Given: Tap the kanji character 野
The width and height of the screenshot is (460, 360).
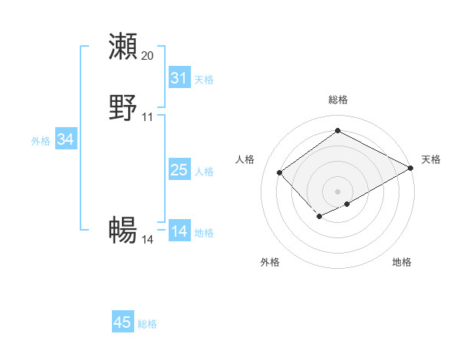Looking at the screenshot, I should click(x=123, y=108).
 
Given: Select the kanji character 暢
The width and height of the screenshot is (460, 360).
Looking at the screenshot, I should click(x=123, y=230).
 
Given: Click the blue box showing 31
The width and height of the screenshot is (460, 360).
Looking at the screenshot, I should click(x=179, y=78).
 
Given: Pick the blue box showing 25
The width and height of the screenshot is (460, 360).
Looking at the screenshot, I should click(x=179, y=171).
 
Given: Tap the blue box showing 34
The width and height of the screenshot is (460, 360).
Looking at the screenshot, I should click(x=65, y=139).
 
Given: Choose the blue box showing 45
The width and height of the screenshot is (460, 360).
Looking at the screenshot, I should click(x=123, y=322).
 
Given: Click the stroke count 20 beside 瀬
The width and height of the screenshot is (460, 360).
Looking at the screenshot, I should click(x=148, y=56).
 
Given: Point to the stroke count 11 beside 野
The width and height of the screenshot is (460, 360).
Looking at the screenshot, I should click(x=148, y=117).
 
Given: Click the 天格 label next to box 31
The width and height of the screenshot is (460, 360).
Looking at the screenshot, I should click(x=204, y=80).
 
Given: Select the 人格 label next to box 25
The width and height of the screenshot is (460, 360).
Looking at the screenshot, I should click(x=204, y=172).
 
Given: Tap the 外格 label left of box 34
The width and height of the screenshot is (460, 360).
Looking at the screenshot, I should click(x=41, y=141).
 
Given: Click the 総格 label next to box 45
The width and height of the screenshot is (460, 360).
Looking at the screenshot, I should click(x=147, y=324).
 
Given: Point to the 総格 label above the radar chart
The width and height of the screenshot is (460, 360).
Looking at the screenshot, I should click(x=338, y=100).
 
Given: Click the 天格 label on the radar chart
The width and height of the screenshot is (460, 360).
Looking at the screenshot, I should click(x=432, y=159).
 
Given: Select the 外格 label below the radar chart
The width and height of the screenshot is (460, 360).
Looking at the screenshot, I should click(x=270, y=262).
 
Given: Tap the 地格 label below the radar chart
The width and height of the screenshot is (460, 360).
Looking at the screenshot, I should click(x=402, y=262).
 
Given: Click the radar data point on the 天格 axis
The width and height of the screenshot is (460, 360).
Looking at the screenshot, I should click(x=411, y=168).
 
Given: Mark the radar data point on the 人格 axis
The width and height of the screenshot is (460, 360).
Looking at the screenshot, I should click(x=280, y=172).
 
